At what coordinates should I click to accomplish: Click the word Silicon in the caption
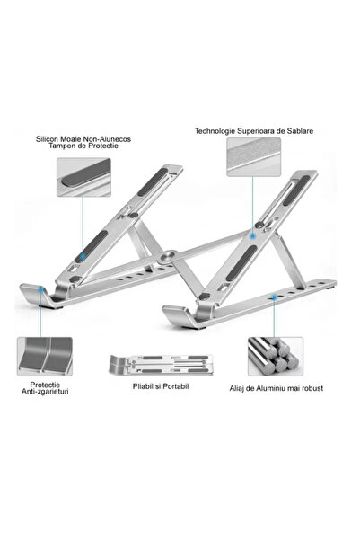pyautogui.click(x=47, y=139)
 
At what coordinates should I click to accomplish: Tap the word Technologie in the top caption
pyautogui.click(x=215, y=131)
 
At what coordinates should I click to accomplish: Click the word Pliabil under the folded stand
pyautogui.click(x=143, y=386)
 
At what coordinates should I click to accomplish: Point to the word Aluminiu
pyautogui.click(x=271, y=388)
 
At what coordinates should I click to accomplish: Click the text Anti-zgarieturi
pyautogui.click(x=45, y=392)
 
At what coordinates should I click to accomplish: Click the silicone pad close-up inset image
pyautogui.click(x=83, y=177)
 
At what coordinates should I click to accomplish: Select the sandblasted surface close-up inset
pyautogui.click(x=254, y=157)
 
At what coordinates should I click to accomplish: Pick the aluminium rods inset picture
pyautogui.click(x=276, y=357)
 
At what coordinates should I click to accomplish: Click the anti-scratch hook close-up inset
pyautogui.click(x=45, y=357)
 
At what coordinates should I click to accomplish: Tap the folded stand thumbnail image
pyautogui.click(x=161, y=365)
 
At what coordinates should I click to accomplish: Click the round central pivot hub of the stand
pyautogui.click(x=169, y=256)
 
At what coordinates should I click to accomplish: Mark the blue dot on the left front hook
pyautogui.click(x=41, y=289)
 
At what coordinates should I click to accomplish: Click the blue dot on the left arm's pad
pyautogui.click(x=83, y=256)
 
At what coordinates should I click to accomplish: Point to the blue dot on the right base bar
pyautogui.click(x=274, y=297)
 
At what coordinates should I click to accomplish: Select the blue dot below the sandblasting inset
pyautogui.click(x=252, y=236)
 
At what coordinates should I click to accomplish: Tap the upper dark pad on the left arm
pyautogui.click(x=152, y=182)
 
